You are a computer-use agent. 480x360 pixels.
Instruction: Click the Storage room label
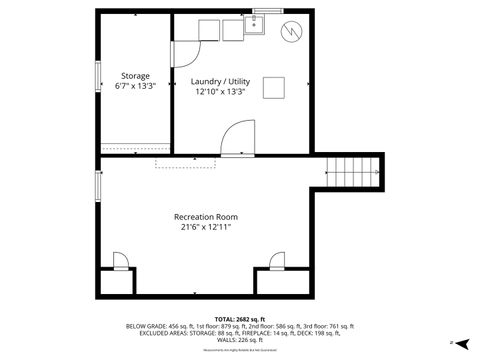click(136, 76)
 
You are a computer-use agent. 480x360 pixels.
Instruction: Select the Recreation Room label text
click(206, 217)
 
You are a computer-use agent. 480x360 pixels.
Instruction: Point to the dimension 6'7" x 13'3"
click(136, 87)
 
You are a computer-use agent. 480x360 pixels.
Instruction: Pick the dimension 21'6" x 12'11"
click(206, 228)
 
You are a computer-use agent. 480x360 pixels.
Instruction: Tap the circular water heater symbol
click(292, 31)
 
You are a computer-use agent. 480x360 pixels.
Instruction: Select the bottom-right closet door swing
click(271, 262)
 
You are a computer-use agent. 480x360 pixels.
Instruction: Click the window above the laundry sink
click(266, 12)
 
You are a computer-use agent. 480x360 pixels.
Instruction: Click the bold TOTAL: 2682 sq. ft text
click(241, 318)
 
